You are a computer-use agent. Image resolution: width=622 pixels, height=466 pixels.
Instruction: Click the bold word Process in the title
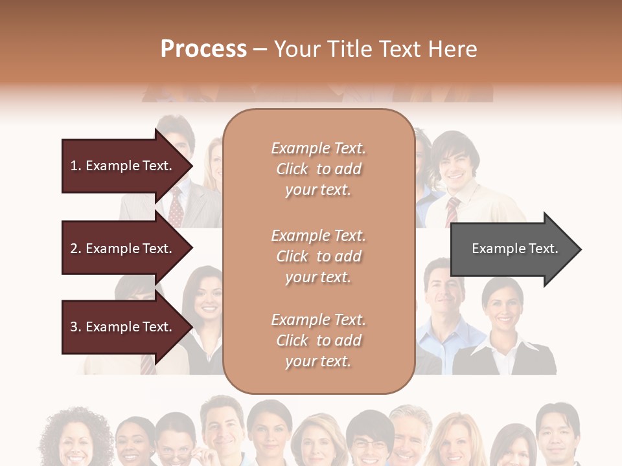(x=203, y=49)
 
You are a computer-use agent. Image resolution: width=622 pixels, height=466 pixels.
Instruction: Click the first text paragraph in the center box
(x=318, y=169)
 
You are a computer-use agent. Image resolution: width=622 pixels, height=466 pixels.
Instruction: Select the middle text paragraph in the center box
(x=318, y=256)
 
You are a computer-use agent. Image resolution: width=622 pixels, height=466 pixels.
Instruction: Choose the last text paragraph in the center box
(x=318, y=340)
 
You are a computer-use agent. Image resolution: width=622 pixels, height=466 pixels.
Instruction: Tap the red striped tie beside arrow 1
(x=176, y=207)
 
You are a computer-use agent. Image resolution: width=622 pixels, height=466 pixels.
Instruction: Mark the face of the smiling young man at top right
(x=455, y=166)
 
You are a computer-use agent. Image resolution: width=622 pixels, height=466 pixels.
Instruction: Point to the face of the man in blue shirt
(x=443, y=295)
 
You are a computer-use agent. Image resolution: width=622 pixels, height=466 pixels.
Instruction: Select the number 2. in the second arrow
(x=75, y=249)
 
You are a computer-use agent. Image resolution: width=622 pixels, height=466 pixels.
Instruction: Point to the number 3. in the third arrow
(x=75, y=327)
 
